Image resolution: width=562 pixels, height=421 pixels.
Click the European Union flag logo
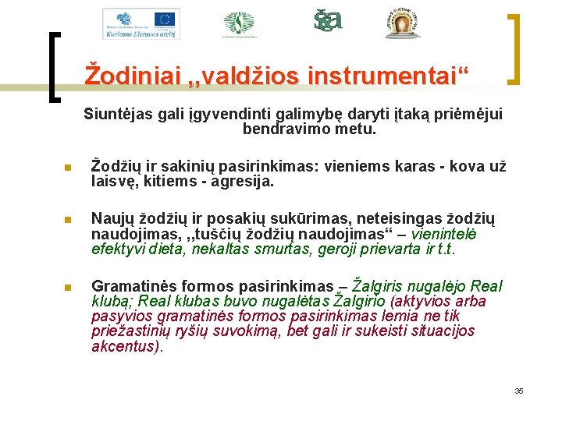pyautogui.click(x=165, y=18)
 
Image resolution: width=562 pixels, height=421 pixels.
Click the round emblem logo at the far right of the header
pyautogui.click(x=403, y=23)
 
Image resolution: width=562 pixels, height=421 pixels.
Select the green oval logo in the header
pyautogui.click(x=239, y=23)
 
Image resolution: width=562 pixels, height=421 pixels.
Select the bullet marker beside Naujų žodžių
pyautogui.click(x=68, y=221)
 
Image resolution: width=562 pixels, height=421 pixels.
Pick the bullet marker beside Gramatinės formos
pyautogui.click(x=68, y=288)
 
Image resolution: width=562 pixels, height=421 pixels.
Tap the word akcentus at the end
pyautogui.click(x=126, y=346)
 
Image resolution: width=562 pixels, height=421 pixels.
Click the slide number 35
pyautogui.click(x=518, y=391)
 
